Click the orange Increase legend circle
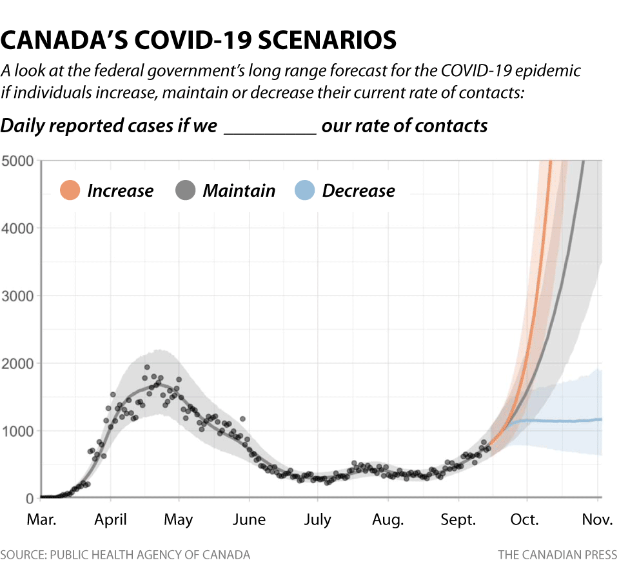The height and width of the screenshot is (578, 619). click(70, 191)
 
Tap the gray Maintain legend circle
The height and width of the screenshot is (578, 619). click(185, 191)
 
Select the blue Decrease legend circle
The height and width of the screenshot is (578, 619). click(304, 191)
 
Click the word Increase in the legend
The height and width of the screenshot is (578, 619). click(121, 191)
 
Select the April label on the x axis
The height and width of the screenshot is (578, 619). click(110, 519)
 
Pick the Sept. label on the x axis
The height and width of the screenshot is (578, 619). click(458, 519)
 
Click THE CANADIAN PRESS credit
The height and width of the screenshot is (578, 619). click(557, 554)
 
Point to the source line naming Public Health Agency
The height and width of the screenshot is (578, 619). click(125, 554)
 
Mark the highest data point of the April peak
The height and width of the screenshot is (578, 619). click(146, 367)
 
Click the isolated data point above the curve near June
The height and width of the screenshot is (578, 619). click(242, 419)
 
